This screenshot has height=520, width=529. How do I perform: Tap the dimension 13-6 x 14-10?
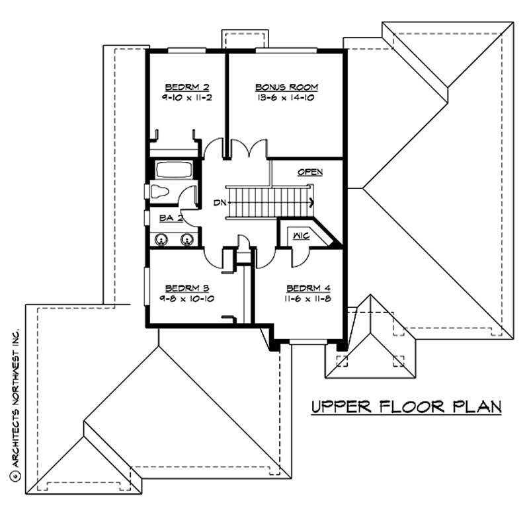pyautogui.click(x=287, y=97)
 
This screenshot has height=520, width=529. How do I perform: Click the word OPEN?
pyautogui.click(x=309, y=172)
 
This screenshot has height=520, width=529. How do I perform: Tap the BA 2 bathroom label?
pyautogui.click(x=166, y=217)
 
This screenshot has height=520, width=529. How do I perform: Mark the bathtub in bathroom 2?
pyautogui.click(x=173, y=170)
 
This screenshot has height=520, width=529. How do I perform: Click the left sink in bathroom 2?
pyautogui.click(x=160, y=239)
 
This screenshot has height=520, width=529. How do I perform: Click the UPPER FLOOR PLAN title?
pyautogui.click(x=406, y=406)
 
